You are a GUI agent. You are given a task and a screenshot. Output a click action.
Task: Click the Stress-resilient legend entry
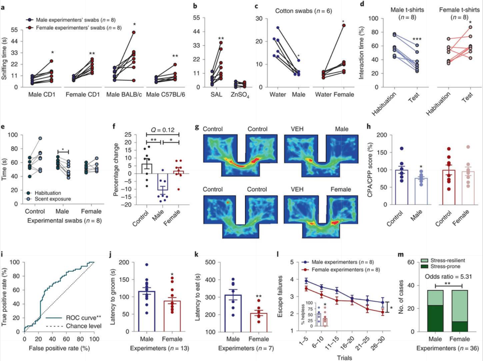tap(443, 260)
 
